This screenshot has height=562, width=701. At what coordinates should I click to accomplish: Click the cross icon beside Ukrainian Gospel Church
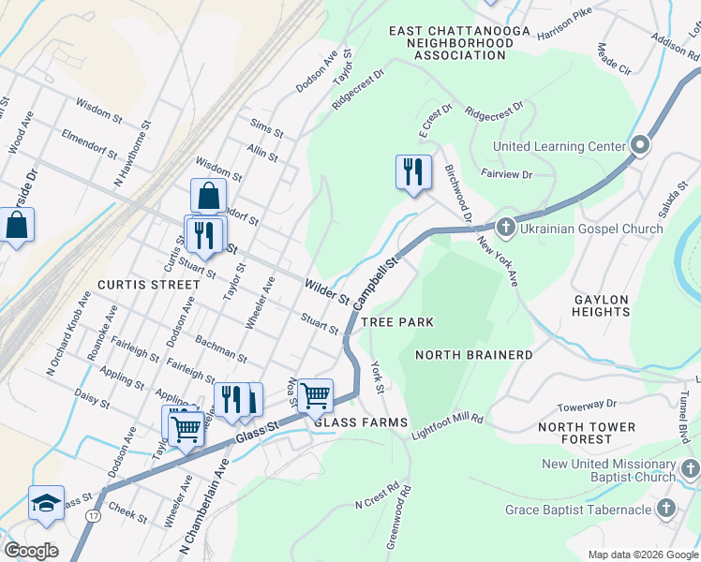[x=505, y=227]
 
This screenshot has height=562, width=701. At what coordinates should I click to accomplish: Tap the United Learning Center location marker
[x=641, y=145]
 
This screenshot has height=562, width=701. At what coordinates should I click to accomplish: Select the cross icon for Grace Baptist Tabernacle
[x=665, y=509]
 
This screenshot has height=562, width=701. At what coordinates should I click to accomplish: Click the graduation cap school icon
[x=46, y=503]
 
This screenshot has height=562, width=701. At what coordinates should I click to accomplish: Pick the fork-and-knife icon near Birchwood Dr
[x=413, y=172]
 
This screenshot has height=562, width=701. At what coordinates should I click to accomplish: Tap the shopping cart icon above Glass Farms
[x=315, y=395]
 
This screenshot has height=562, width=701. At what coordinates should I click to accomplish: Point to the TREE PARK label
[x=397, y=322]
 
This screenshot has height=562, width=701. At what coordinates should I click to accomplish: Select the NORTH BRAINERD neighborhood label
[x=473, y=355]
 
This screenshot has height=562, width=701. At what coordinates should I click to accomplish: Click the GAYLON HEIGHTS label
[x=602, y=305]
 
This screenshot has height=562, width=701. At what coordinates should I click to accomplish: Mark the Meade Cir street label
[x=614, y=64]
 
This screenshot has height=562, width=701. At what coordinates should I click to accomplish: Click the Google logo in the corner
[x=32, y=550]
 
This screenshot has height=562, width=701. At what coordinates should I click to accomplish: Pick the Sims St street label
[x=266, y=126]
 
